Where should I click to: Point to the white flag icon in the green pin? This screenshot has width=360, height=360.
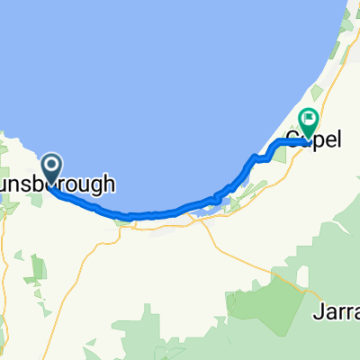(x=310, y=118)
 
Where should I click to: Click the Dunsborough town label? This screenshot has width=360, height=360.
(x=58, y=184)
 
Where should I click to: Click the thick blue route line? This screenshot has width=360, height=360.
(x=162, y=214)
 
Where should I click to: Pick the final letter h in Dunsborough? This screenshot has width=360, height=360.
(x=110, y=184)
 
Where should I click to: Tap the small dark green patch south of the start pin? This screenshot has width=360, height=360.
(x=38, y=267)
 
